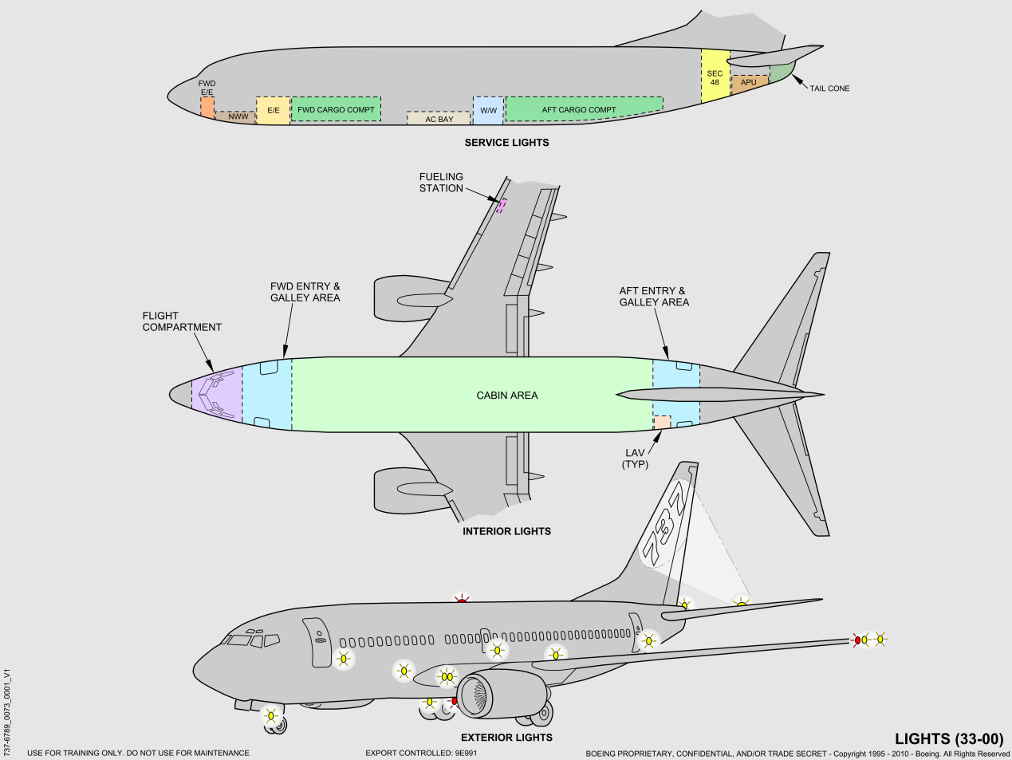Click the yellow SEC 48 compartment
pyautogui.click(x=715, y=77)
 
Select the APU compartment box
pyautogui.click(x=748, y=83)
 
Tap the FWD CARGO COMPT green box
pyautogui.click(x=336, y=109)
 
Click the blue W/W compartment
pyautogui.click(x=488, y=110)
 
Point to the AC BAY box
pyautogui.click(x=439, y=119)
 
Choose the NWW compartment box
pyautogui.click(x=237, y=117)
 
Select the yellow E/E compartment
pyautogui.click(x=273, y=110)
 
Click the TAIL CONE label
pyautogui.click(x=829, y=89)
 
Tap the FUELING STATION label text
pyautogui.click(x=441, y=183)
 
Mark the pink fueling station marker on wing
pyautogui.click(x=502, y=206)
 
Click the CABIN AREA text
pyautogui.click(x=507, y=396)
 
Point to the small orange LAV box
pyautogui.click(x=662, y=423)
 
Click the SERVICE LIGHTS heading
pyautogui.click(x=506, y=143)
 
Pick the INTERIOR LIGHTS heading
pyautogui.click(x=506, y=531)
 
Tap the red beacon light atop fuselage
pyautogui.click(x=461, y=599)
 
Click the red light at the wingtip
pyautogui.click(x=857, y=640)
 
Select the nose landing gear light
pyautogui.click(x=270, y=715)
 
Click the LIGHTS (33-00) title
pyautogui.click(x=948, y=739)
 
